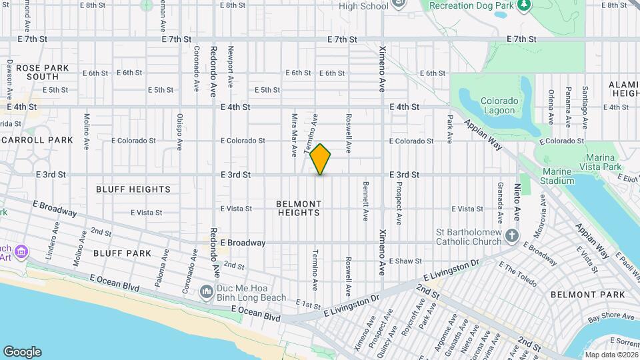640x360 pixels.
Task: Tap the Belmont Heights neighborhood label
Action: [x=299, y=208]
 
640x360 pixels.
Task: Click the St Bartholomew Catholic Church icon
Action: [x=511, y=235]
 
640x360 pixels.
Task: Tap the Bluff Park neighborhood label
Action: [x=121, y=253]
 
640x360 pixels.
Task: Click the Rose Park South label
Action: [x=38, y=72]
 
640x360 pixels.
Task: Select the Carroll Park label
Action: [x=37, y=140]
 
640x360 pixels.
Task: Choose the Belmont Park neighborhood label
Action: [x=588, y=295]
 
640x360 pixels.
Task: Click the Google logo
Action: [x=22, y=352]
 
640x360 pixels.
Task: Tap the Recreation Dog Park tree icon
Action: [x=524, y=5]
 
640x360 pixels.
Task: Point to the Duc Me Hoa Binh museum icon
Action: [x=207, y=291]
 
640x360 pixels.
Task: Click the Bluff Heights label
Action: [x=133, y=189]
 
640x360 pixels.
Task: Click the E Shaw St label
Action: [x=407, y=261]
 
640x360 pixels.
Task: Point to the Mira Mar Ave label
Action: [x=293, y=135]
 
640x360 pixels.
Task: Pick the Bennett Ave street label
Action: [x=365, y=201]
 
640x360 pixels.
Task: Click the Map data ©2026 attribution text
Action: [x=610, y=355]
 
